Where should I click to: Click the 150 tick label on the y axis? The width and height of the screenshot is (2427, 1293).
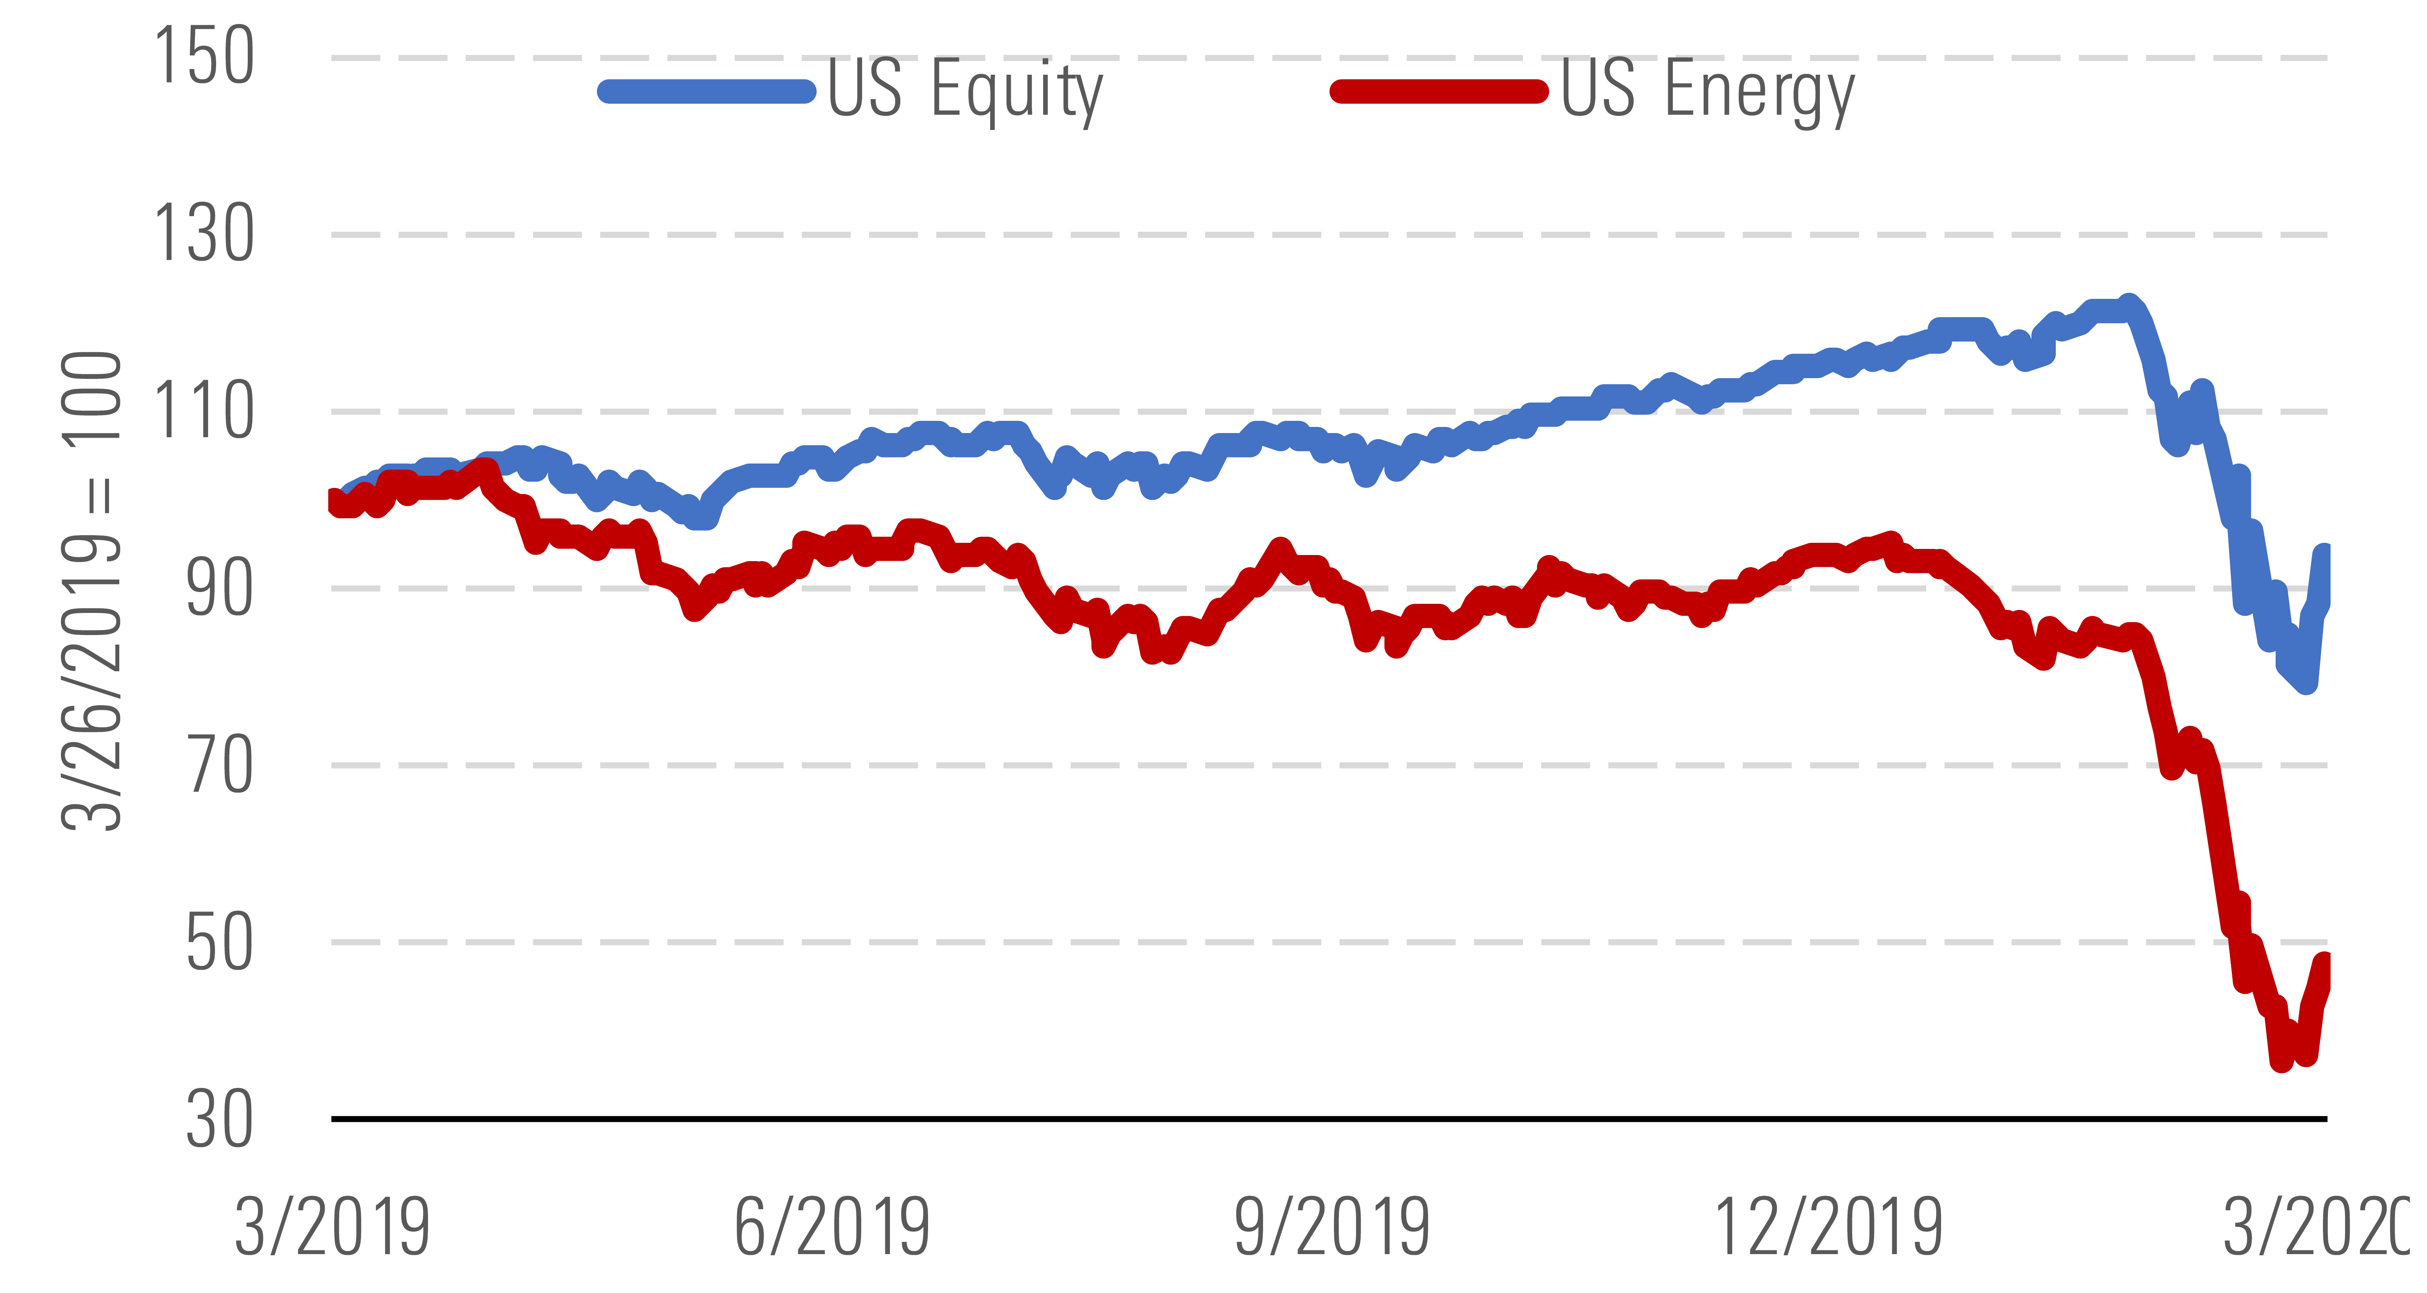coord(204,56)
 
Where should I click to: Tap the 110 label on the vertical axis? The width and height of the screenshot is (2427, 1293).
coord(204,411)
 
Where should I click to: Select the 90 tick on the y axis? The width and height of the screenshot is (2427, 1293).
coord(219,588)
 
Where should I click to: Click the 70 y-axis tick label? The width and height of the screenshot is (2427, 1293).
coord(219,765)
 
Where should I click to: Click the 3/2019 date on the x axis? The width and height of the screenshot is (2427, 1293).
coord(332,1227)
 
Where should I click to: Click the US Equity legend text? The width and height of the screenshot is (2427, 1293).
coord(965,90)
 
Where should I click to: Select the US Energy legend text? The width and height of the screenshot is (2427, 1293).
coord(1707,90)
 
